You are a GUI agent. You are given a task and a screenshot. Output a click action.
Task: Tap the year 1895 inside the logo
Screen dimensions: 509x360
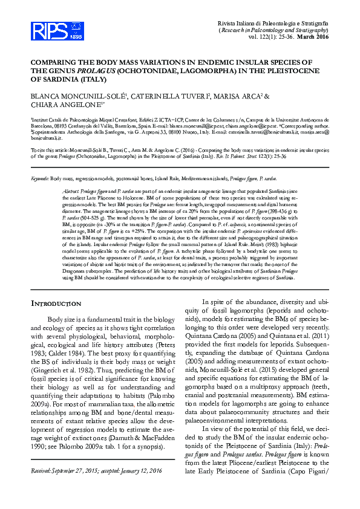pos(59,37)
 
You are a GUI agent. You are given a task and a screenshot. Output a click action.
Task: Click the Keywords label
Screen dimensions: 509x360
pos(39,163)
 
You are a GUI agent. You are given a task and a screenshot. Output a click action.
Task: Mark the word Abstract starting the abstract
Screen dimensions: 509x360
pos(71,173)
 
